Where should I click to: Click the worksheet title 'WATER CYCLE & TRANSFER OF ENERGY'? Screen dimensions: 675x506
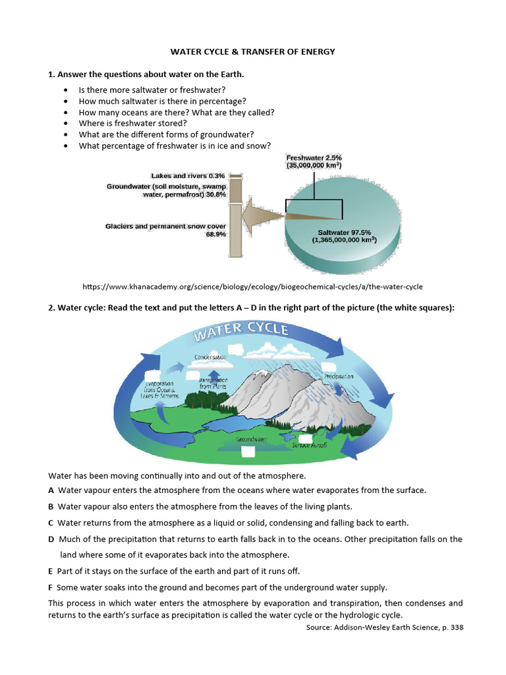[x=252, y=51]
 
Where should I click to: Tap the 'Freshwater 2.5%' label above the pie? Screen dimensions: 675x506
[x=314, y=158]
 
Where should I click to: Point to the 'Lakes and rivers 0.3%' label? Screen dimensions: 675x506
[x=188, y=176]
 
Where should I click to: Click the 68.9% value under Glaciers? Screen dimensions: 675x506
[x=216, y=234]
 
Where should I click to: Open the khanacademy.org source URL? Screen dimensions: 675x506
[x=252, y=287]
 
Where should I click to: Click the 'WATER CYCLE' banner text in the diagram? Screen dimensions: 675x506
[x=240, y=331]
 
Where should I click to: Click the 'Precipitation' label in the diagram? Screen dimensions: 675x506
[x=339, y=376]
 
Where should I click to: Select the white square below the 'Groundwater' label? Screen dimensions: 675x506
[x=248, y=452]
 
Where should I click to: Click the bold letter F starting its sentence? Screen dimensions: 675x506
[x=51, y=587]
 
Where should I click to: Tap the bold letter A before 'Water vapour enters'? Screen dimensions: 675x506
[x=51, y=490]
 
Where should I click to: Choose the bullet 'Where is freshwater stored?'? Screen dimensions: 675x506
[x=132, y=123]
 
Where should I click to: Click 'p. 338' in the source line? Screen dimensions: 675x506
[x=452, y=627]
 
